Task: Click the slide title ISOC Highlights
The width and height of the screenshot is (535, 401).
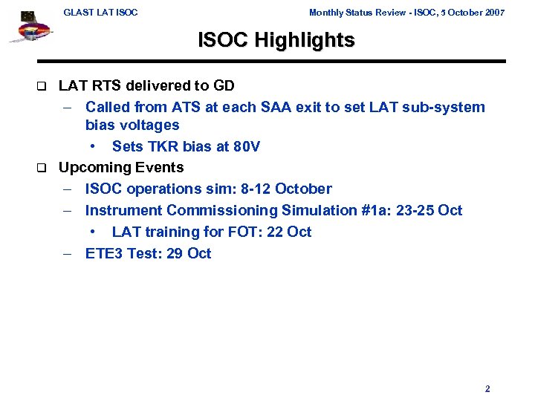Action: [x=276, y=40]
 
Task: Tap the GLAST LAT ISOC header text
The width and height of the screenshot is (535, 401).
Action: [x=100, y=13]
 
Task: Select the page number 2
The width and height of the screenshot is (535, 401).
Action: [x=487, y=388]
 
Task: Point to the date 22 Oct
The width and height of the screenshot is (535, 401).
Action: [x=288, y=232]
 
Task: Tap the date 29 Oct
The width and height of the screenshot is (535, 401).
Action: [x=187, y=253]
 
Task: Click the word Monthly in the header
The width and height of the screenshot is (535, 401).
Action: [x=326, y=13]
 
